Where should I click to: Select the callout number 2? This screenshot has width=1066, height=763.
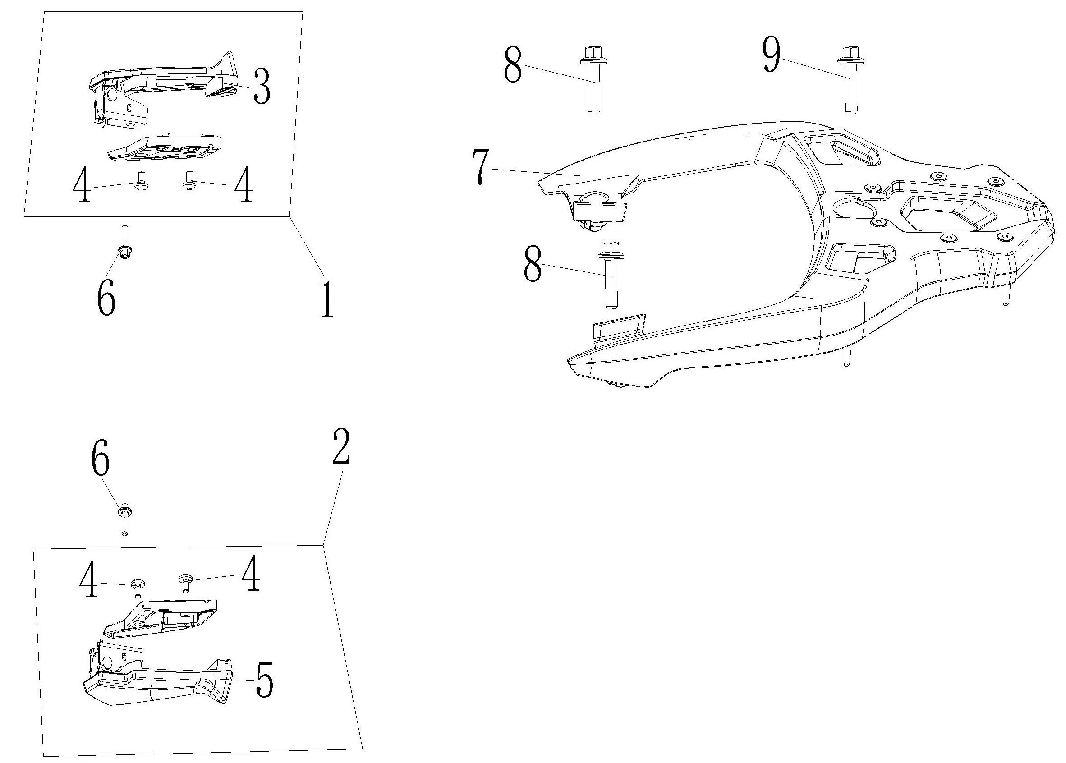click(x=341, y=447)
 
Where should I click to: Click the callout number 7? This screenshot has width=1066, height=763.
click(x=481, y=167)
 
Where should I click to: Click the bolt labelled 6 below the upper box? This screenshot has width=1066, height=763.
click(x=125, y=244)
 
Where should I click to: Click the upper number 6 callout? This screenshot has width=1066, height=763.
click(x=106, y=299)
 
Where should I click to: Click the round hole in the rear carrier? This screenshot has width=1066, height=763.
click(x=849, y=208)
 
